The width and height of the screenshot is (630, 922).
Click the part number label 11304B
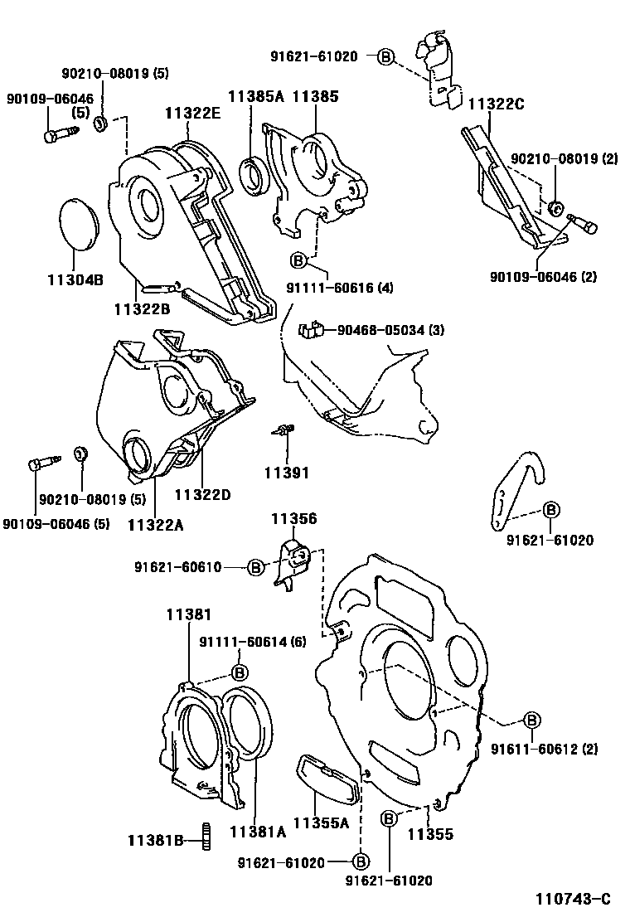pyautogui.click(x=76, y=280)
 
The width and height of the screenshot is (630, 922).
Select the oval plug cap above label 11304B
pyautogui.click(x=81, y=223)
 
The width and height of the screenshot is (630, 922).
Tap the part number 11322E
pyautogui.click(x=191, y=114)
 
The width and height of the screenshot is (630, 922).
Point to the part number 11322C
pyautogui.click(x=497, y=104)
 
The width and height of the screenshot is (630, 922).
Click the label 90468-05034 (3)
pyautogui.click(x=390, y=331)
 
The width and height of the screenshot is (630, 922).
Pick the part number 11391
pyautogui.click(x=286, y=473)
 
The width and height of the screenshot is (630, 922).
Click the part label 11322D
pyautogui.click(x=202, y=495)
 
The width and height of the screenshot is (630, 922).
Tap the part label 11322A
pyautogui.click(x=155, y=524)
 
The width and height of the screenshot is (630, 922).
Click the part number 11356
pyautogui.click(x=294, y=518)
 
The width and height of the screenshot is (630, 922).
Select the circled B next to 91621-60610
pyautogui.click(x=255, y=567)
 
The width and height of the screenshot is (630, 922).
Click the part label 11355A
pyautogui.click(x=320, y=823)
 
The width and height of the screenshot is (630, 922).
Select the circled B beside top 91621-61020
pyautogui.click(x=385, y=56)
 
